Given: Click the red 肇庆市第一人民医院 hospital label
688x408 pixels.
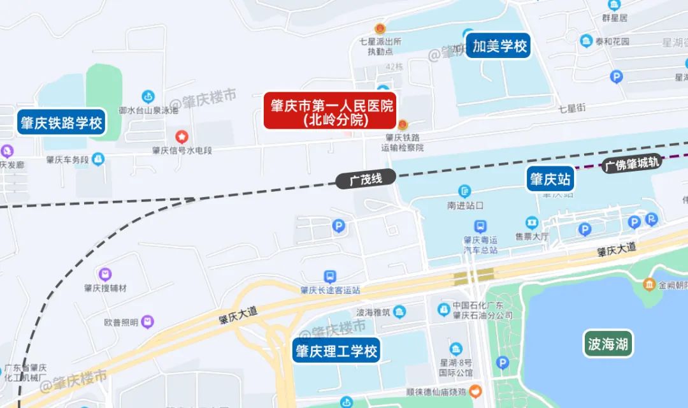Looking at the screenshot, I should (x=330, y=112).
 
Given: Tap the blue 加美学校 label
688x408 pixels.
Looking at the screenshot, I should (x=498, y=46).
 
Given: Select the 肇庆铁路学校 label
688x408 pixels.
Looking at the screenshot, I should (x=61, y=123).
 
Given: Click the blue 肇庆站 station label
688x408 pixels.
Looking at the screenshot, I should (x=550, y=179).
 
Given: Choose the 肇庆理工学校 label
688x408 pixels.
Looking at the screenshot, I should (x=336, y=351).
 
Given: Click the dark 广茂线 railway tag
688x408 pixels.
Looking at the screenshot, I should (x=365, y=180).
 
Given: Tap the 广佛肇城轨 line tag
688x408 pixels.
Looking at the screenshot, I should (x=633, y=164).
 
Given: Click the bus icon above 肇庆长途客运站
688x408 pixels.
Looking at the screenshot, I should (x=330, y=276).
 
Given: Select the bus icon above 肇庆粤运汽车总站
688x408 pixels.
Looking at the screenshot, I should (x=480, y=226).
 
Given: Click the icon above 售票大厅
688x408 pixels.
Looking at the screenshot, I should (x=531, y=223).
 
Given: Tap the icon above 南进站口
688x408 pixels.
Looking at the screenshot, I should (x=465, y=191).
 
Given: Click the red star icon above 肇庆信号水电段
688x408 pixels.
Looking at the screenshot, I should (x=182, y=136).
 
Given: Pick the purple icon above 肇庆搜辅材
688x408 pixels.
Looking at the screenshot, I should (x=105, y=274).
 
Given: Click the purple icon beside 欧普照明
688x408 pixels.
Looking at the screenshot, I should (x=148, y=322).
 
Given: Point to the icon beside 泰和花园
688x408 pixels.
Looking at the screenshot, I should (x=586, y=41).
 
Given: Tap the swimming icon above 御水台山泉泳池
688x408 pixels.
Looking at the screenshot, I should (x=148, y=96).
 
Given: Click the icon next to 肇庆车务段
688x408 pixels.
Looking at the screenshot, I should (x=98, y=159).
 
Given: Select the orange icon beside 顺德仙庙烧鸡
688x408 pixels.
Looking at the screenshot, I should (x=475, y=390).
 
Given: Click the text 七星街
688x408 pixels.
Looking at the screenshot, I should (x=571, y=108).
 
